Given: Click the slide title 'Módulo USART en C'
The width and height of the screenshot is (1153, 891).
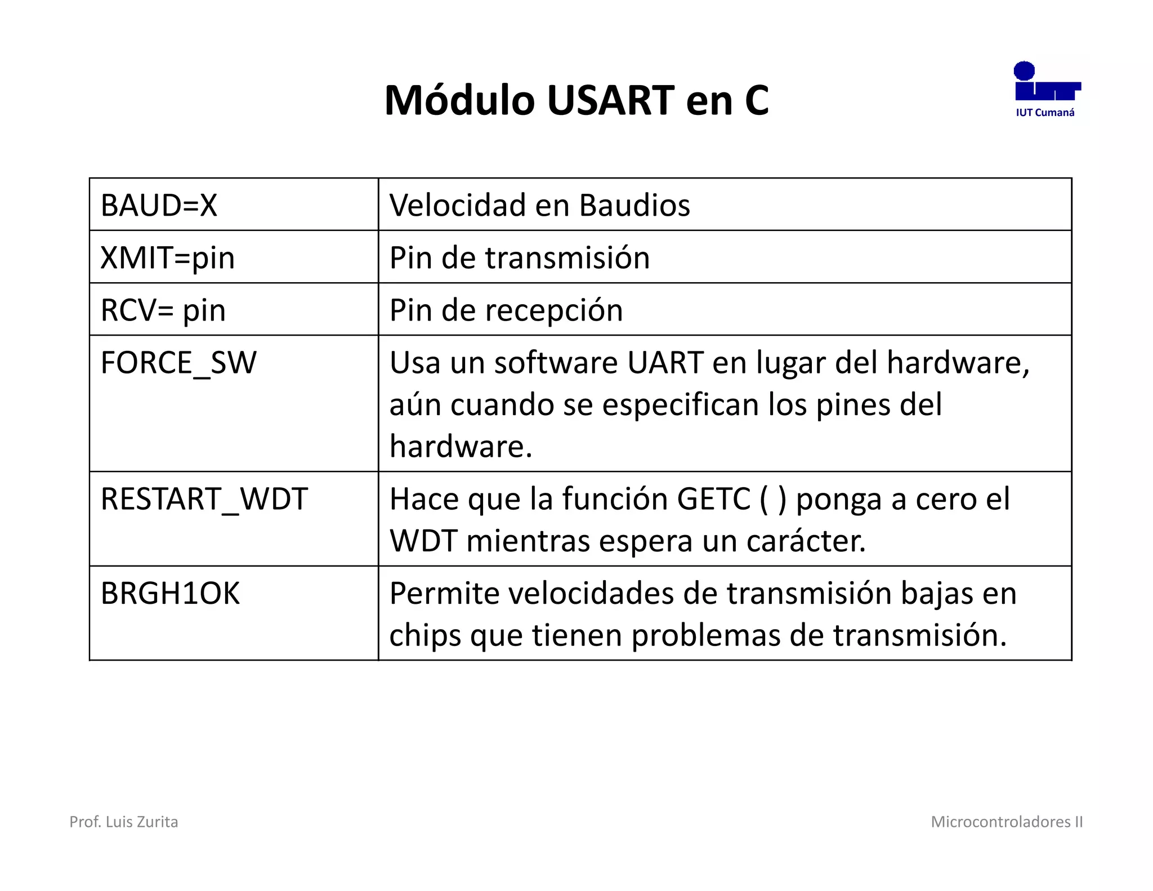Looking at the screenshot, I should (x=576, y=100).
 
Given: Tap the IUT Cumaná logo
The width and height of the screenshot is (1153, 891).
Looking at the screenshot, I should (x=1046, y=90).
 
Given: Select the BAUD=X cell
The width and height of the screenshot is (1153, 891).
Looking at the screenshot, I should (x=159, y=205).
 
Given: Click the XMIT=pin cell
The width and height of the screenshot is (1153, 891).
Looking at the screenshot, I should (x=167, y=258).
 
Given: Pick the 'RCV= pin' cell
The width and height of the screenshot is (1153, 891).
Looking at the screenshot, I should (x=163, y=310).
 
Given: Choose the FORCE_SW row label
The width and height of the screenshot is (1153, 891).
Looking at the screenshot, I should (x=178, y=363).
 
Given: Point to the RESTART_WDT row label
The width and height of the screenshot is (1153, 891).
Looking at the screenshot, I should (x=204, y=499).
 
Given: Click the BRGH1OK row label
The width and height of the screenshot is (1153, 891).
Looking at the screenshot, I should (x=170, y=594).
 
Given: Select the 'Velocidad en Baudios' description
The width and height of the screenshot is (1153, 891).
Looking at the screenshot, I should (x=539, y=205).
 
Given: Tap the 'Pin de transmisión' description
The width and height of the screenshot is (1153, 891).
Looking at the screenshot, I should (x=519, y=258).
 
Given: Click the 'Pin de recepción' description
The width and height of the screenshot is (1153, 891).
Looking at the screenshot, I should (x=506, y=310).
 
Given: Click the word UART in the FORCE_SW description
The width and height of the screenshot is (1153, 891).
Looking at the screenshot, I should (x=665, y=363).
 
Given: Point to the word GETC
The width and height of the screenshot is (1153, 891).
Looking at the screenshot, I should (x=713, y=499).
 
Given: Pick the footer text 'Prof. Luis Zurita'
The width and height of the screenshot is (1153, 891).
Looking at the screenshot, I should (x=123, y=822).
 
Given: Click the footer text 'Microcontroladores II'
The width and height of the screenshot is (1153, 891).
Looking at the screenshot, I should (x=1007, y=822).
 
